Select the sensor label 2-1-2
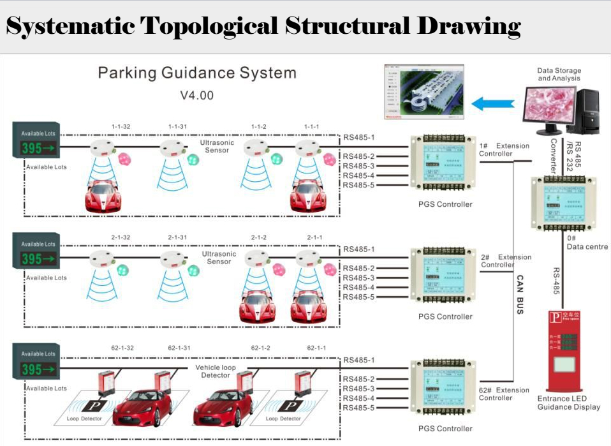coord(259,238)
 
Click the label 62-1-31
coord(179,348)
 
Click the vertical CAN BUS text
coord(520,294)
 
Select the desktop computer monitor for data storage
coord(547,105)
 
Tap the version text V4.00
coord(196,96)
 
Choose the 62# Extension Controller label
coord(504,394)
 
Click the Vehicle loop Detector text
coord(216,371)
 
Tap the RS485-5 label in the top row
coord(358,185)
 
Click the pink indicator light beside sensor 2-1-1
coord(329,269)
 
